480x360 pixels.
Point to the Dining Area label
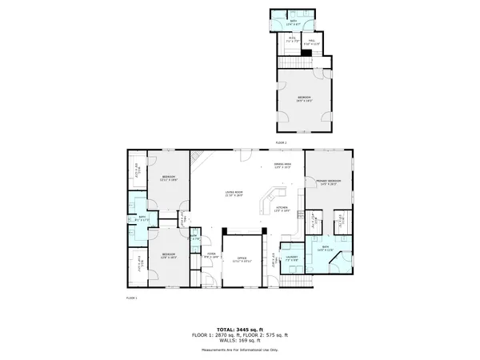click(x=282, y=166)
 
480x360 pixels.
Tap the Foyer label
click(x=212, y=256)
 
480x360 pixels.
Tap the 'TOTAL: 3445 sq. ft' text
click(x=240, y=329)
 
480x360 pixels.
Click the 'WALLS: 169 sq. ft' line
click(x=240, y=341)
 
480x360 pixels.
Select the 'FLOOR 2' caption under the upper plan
click(x=281, y=142)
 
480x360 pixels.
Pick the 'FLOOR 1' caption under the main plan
click(x=132, y=298)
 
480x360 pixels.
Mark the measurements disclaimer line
click(x=240, y=350)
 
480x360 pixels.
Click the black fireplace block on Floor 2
click(x=306, y=53)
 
